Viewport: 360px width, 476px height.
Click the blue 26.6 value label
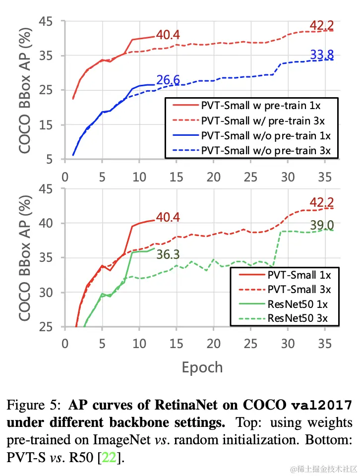(168, 80)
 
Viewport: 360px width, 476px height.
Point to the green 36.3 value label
(168, 254)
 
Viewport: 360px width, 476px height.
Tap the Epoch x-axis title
(202, 367)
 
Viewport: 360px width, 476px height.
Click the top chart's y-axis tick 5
(51, 160)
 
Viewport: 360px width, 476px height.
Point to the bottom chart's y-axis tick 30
(48, 293)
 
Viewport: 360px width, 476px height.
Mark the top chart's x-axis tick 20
(214, 177)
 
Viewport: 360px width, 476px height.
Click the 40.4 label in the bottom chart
(168, 217)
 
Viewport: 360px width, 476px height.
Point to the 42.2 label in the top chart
(322, 25)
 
